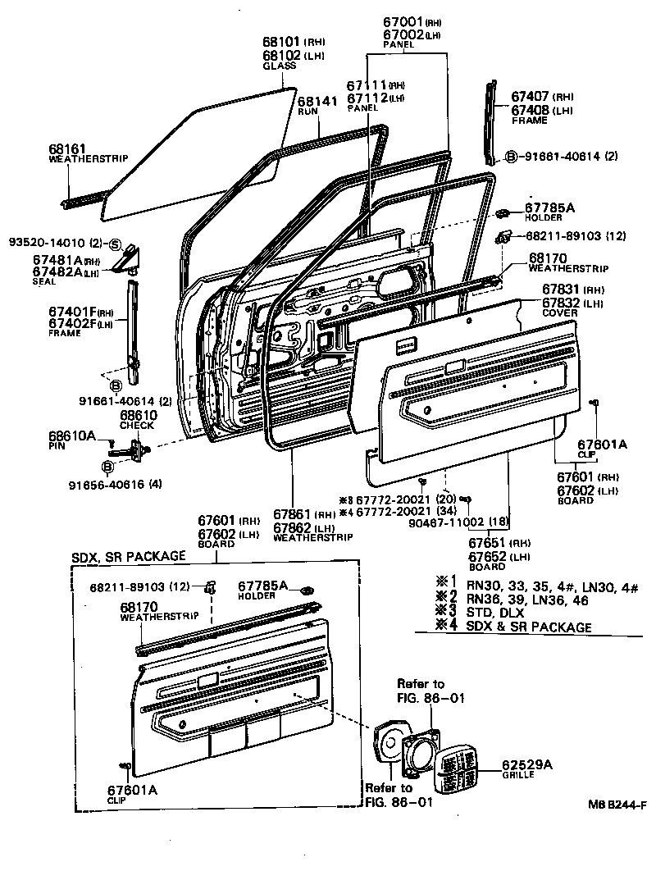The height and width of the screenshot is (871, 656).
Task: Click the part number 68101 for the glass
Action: [x=281, y=40]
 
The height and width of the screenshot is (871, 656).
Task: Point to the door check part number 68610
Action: [x=137, y=415]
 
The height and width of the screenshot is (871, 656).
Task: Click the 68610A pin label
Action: [x=71, y=435]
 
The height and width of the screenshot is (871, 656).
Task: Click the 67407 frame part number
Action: [x=530, y=96]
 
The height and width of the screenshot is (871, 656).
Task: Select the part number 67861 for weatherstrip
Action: [x=292, y=515]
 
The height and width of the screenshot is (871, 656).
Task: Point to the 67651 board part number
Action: [x=488, y=543]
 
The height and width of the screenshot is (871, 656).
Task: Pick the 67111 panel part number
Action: [x=366, y=85]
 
